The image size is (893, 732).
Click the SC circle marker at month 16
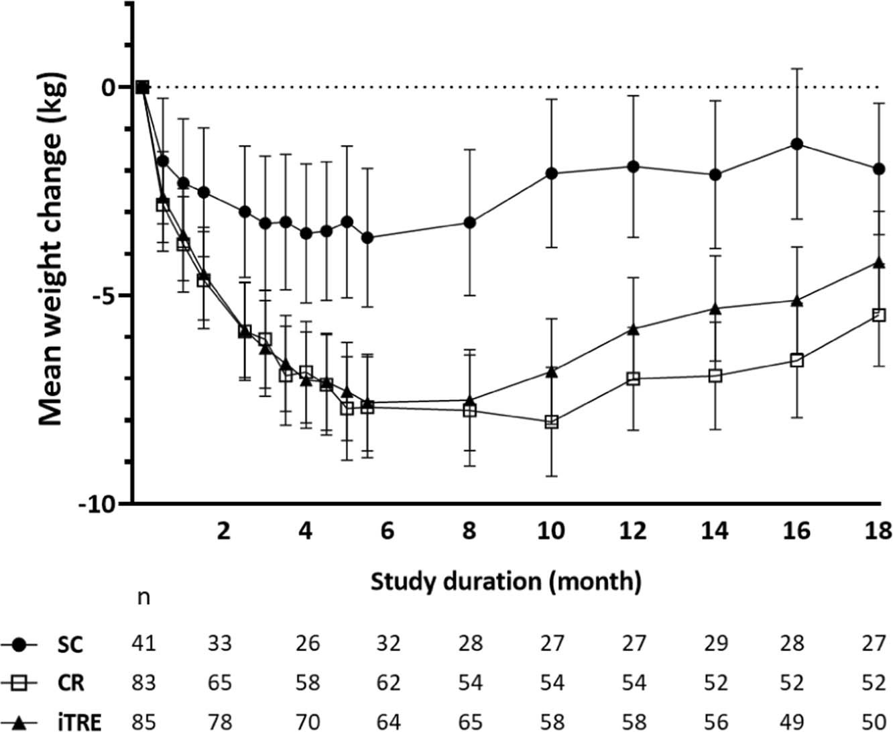[796, 144]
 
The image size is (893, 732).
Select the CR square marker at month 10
[552, 422]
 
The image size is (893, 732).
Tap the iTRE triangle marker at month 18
[879, 262]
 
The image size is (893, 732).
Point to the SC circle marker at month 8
[470, 222]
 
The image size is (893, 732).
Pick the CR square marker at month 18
[879, 315]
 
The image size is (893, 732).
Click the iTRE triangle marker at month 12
[633, 329]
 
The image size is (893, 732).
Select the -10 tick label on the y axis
[99, 504]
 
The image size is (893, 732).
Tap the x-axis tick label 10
[550, 531]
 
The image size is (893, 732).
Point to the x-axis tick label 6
[387, 531]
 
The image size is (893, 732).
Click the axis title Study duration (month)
[506, 581]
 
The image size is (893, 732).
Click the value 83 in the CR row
[143, 683]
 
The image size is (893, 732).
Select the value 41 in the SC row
[143, 644]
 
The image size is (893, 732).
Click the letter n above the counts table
[143, 596]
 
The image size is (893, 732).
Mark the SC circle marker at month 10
[552, 173]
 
